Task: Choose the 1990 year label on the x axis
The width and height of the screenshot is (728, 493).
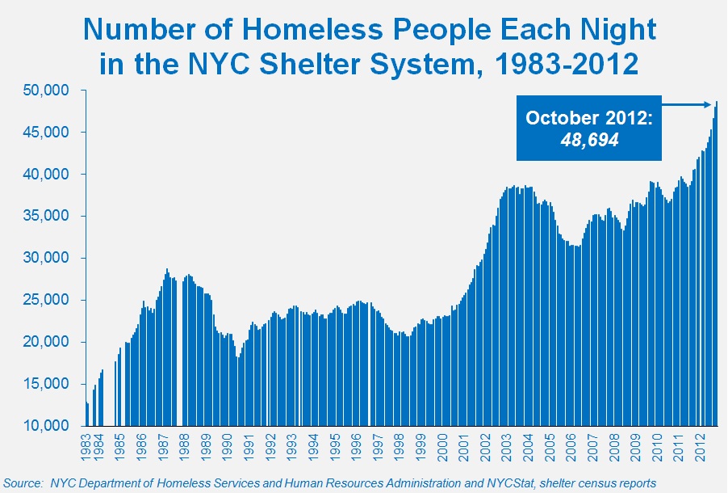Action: click(228, 445)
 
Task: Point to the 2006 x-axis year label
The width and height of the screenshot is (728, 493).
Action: click(571, 445)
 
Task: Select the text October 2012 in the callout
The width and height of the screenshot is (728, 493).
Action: click(588, 118)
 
